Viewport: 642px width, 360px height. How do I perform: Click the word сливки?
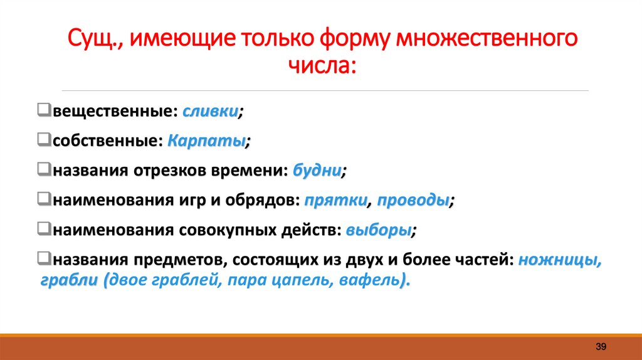[210, 112]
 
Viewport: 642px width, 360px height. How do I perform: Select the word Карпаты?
[206, 140]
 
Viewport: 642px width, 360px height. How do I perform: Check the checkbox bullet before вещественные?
[43, 111]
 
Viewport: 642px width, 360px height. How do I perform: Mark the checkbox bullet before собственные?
[43, 140]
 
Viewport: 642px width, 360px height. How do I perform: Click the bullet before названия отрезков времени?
[43, 170]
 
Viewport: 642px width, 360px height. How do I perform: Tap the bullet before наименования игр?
[43, 200]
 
